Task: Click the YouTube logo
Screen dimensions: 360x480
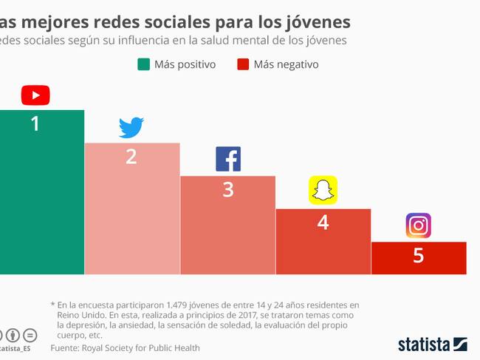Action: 35,95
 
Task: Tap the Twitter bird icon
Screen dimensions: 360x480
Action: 131,128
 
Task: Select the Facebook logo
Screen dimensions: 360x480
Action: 228,160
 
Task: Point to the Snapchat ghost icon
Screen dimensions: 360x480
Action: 323,190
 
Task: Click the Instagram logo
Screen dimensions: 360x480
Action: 419,225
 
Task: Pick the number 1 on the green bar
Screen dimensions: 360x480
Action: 35,123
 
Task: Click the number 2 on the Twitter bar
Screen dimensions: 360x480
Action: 131,157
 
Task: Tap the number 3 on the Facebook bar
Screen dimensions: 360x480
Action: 228,189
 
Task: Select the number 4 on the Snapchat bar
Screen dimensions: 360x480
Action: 323,222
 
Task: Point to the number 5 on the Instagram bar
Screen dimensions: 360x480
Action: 419,256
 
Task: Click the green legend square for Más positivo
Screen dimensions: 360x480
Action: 143,64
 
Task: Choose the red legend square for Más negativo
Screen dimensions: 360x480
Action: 243,64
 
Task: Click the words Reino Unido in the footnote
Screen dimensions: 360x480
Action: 79,315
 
